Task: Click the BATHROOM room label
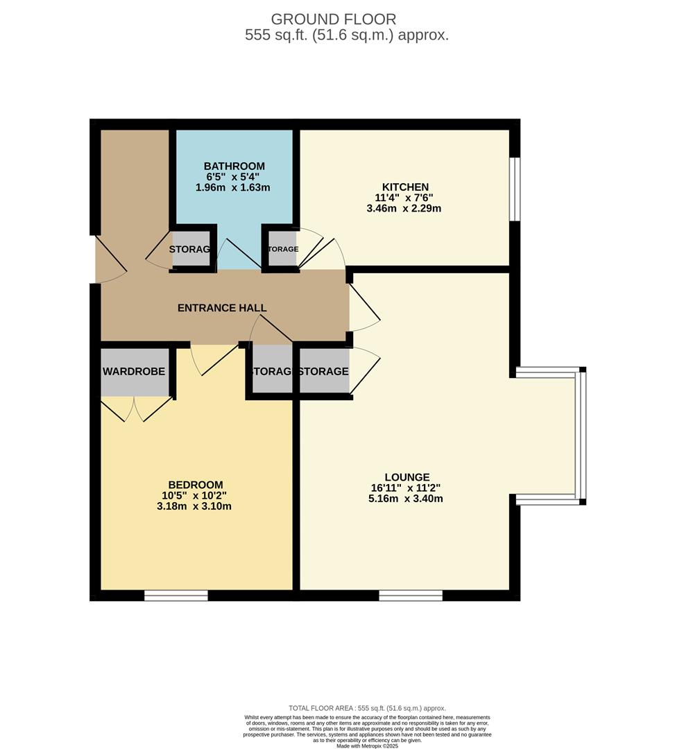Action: (x=234, y=166)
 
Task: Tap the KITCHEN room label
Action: (x=405, y=187)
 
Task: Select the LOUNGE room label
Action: (x=407, y=477)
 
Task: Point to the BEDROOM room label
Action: (x=196, y=485)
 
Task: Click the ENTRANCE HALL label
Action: (x=222, y=308)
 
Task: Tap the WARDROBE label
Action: (x=134, y=372)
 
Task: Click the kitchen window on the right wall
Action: (x=514, y=189)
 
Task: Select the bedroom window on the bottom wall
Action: (x=176, y=595)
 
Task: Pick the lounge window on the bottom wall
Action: (x=411, y=595)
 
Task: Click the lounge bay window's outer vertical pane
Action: (x=582, y=436)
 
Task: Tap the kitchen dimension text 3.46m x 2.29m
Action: (x=404, y=208)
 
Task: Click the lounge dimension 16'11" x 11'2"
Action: (x=407, y=488)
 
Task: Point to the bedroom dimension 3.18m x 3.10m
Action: (x=196, y=506)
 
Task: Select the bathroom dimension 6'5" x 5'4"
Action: (x=234, y=177)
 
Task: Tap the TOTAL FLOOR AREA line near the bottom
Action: (x=367, y=708)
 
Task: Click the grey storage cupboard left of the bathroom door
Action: (x=190, y=250)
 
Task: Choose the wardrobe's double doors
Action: (x=137, y=409)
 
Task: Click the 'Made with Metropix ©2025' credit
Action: (x=368, y=746)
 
